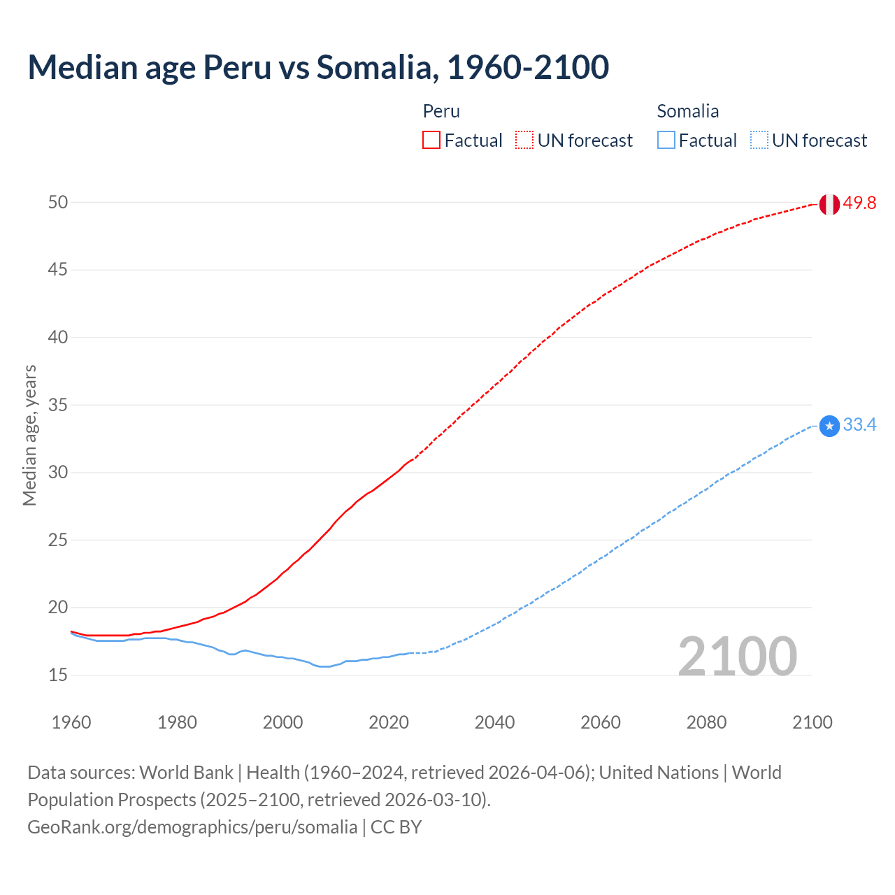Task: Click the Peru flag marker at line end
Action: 829,204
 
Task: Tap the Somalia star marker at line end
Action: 829,426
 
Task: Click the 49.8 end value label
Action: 859,203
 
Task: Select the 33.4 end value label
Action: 859,425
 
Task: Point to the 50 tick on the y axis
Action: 58,202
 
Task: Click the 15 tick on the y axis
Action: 58,675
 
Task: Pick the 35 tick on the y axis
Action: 58,405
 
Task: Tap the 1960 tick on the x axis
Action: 71,722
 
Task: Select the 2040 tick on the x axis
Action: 494,722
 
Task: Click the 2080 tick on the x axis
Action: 706,722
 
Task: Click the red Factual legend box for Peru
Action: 431,141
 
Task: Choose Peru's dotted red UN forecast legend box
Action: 524,141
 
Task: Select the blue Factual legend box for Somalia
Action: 666,141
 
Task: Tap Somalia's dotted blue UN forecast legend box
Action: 759,141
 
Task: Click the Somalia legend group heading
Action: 687,111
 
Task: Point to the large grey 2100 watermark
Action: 737,656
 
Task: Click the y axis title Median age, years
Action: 29,435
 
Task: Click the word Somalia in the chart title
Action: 377,67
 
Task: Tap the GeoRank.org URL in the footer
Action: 192,826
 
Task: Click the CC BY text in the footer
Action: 396,826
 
